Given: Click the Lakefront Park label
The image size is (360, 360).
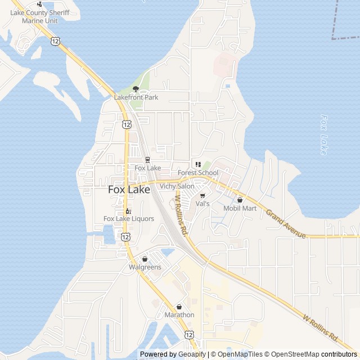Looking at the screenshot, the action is pos(136,97).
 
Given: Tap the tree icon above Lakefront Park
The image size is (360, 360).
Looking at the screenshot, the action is pos(136,89).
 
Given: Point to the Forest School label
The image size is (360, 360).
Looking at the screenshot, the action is pos(198,173).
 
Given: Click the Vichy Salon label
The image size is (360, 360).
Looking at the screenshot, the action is pos(177,186).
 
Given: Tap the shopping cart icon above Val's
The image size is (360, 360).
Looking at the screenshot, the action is pos(202,196).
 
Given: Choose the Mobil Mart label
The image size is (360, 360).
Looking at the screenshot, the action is pos(240,208).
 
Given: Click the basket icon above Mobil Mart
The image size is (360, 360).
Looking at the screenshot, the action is pos(240,200).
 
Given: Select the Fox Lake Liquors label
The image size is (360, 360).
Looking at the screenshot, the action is pos(129,219).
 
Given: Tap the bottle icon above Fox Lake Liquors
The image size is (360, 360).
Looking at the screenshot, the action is pos(128,211).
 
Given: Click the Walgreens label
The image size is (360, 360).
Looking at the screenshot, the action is pos(145,267).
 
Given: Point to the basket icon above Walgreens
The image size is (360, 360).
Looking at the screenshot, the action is pos(145,259).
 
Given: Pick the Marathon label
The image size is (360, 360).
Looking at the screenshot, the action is pos(179,315).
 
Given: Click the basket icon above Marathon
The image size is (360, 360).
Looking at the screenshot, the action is pos(179,307).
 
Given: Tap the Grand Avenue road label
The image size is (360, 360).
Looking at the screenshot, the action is pos(286,223).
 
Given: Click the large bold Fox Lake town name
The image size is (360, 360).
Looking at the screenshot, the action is pos(129,190).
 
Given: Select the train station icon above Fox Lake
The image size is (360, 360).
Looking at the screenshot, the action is pos(147,160).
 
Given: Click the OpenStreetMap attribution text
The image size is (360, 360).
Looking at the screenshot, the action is pos(291,354).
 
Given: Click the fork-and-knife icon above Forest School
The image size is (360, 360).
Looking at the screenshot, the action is pos(198,164).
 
